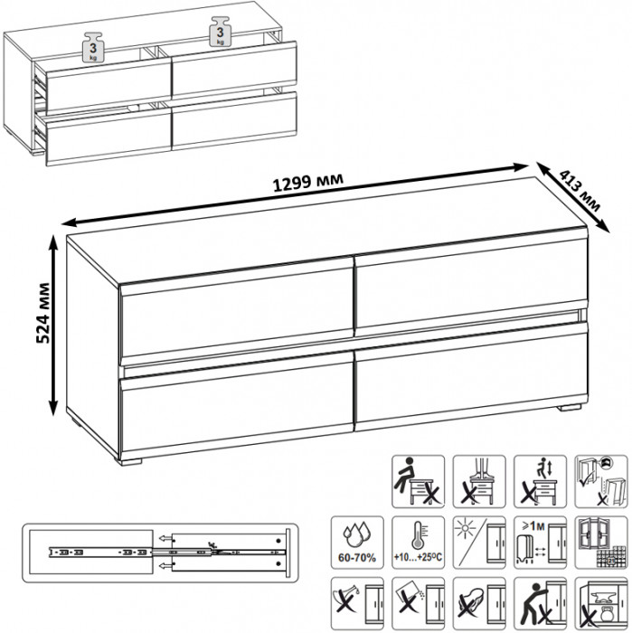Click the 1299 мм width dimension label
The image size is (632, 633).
[308, 183]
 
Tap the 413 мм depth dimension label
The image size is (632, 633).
[580, 191]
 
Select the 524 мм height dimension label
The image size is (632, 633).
[43, 313]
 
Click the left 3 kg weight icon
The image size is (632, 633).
[93, 48]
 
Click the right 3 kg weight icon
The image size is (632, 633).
[220, 32]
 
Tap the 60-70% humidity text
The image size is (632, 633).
[357, 558]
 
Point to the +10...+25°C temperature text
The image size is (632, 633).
[418, 558]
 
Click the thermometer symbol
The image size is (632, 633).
[418, 535]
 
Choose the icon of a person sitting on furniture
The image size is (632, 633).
[418, 481]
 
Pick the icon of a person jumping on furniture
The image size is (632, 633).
[540, 481]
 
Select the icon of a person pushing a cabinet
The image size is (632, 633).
[540, 603]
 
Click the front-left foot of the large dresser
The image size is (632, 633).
[130, 461]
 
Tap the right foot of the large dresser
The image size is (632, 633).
[569, 408]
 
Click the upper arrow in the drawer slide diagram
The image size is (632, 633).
[165, 538]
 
